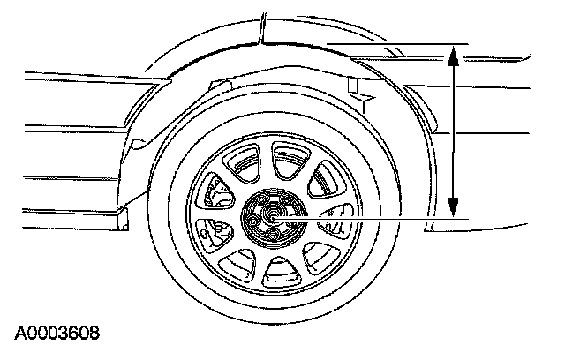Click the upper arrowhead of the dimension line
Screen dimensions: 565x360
(453, 56)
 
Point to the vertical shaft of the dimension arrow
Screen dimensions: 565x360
(453, 132)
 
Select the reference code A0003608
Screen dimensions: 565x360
(56, 334)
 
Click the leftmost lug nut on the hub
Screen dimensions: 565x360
(252, 218)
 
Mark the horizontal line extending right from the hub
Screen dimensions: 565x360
(388, 216)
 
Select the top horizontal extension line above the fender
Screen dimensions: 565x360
(388, 42)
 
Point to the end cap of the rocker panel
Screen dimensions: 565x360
(123, 218)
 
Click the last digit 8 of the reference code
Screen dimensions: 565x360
(93, 334)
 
